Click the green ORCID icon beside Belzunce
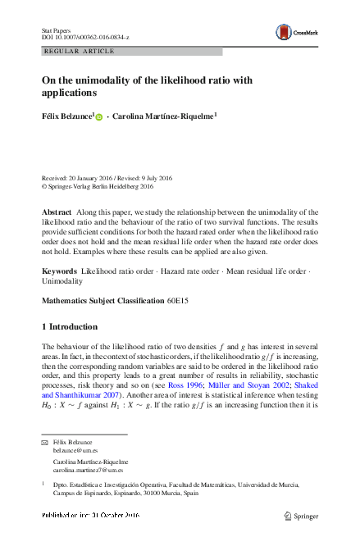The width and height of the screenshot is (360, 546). [100, 118]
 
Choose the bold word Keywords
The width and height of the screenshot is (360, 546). [59, 270]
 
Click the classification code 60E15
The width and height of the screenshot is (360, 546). [179, 301]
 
